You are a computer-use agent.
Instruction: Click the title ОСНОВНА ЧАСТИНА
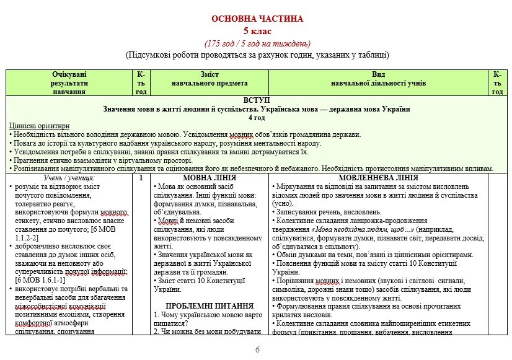coord(257,19)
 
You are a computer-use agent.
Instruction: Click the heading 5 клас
coord(257,31)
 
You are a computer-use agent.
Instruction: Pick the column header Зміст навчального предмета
coord(210,79)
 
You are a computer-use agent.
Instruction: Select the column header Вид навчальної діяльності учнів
coord(378,79)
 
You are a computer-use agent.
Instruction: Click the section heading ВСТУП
coord(257,100)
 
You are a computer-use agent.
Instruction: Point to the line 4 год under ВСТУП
coord(257,117)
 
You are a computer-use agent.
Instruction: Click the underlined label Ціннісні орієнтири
coord(34,126)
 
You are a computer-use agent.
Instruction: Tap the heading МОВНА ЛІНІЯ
coord(210,178)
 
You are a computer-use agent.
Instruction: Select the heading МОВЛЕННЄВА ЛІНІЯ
coord(378,178)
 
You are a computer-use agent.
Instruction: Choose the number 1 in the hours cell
coord(141,178)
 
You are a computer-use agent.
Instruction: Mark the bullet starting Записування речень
coord(316,212)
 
